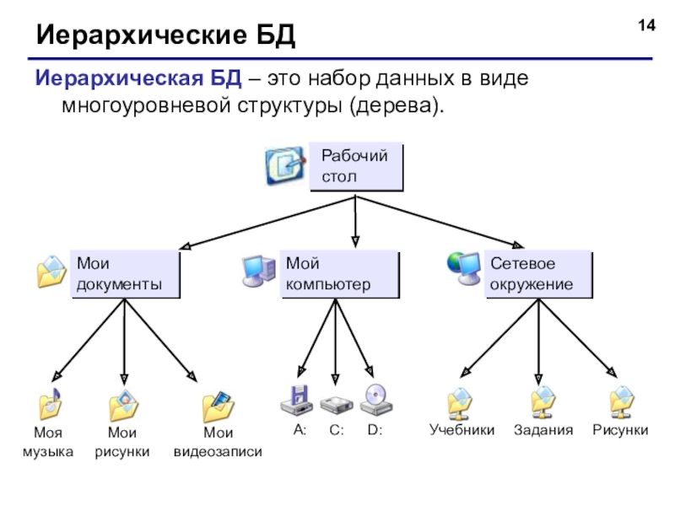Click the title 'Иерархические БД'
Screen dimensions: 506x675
[x=165, y=36]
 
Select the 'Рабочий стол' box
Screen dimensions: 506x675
[x=356, y=166]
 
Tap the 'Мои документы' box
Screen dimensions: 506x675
[x=125, y=274]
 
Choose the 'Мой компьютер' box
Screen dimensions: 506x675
[x=339, y=274]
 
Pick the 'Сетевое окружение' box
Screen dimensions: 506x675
[x=538, y=274]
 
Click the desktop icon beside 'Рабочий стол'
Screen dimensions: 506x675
[x=285, y=166]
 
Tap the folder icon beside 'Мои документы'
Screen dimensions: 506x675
[x=51, y=272]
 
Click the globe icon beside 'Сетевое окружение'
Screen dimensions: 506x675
[x=463, y=267]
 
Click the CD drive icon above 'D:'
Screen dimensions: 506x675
[x=375, y=399]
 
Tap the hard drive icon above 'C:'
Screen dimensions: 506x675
[x=337, y=404]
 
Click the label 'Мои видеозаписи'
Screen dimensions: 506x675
[x=218, y=443]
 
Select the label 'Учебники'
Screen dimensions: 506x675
[x=462, y=430]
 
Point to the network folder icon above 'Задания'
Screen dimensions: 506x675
[x=543, y=402]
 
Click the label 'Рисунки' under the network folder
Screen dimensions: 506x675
[x=620, y=430]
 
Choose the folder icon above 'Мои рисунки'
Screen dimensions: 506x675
[x=124, y=406]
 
